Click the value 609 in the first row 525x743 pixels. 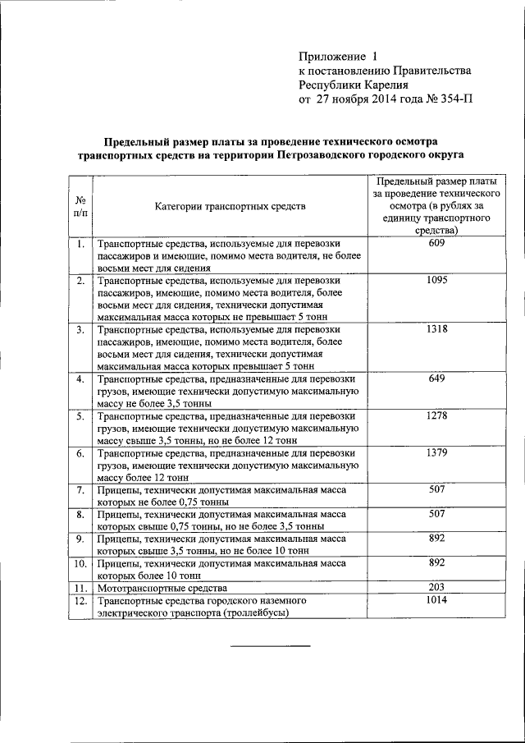coord(436,244)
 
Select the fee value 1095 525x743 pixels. coord(436,280)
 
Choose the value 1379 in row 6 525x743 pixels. coord(436,452)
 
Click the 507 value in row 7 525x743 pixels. coord(436,489)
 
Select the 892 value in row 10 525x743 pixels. coord(436,563)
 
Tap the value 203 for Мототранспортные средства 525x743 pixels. coord(436,588)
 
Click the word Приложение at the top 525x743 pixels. coord(331,57)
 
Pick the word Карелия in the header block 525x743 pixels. coord(380,85)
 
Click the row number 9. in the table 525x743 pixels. coord(80,539)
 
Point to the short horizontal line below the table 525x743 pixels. coord(270,647)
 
